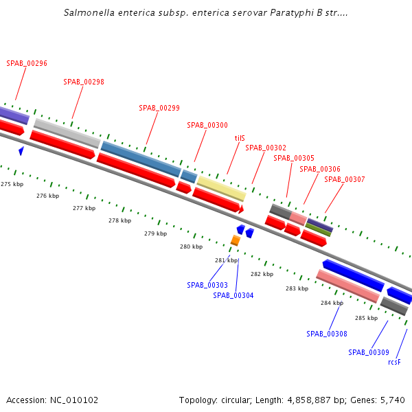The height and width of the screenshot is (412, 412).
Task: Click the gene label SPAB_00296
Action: pyautogui.click(x=27, y=63)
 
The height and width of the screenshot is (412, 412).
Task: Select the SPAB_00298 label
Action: pyautogui.click(x=84, y=82)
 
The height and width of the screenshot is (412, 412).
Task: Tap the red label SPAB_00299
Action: pyautogui.click(x=159, y=108)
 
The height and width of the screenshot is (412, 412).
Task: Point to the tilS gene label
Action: pyautogui.click(x=240, y=138)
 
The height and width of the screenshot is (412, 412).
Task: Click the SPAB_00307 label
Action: pyautogui.click(x=345, y=179)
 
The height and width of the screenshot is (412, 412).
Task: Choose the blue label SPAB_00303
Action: pyautogui.click(x=207, y=285)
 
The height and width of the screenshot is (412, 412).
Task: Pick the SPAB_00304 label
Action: pyautogui.click(x=233, y=295)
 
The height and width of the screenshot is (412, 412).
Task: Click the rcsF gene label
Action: pyautogui.click(x=394, y=362)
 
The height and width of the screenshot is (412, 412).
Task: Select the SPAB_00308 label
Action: pyautogui.click(x=327, y=334)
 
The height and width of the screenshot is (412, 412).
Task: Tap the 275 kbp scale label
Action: pyautogui.click(x=12, y=184)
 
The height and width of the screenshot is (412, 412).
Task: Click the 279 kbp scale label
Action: pyautogui.click(x=155, y=233)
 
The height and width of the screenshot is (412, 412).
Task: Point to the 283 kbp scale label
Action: pyautogui.click(x=297, y=288)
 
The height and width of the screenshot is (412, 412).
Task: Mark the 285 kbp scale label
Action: pyautogui.click(x=366, y=318)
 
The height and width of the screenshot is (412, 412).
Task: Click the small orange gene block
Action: pyautogui.click(x=236, y=240)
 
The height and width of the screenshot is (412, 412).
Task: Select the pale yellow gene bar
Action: pyautogui.click(x=221, y=187)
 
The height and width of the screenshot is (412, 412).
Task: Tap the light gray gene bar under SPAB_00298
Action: pyautogui.click(x=67, y=133)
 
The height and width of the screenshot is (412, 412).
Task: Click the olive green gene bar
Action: pyautogui.click(x=319, y=229)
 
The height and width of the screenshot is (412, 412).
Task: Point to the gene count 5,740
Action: pyautogui.click(x=393, y=400)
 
